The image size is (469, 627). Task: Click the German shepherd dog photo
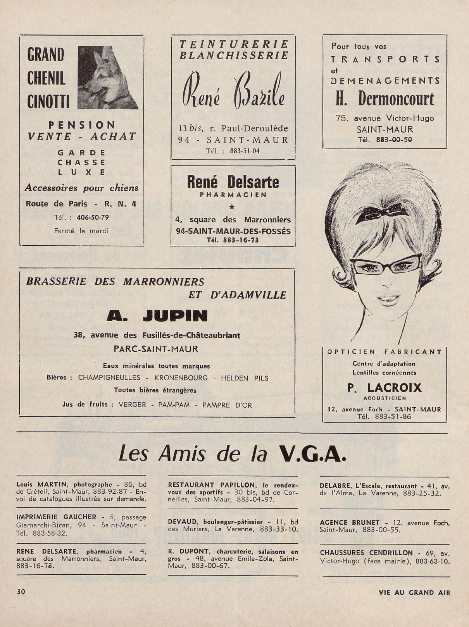107,78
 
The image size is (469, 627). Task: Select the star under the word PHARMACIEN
232,207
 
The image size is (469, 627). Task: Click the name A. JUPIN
157,316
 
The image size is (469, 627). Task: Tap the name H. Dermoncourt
385,99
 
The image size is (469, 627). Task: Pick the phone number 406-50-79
93,217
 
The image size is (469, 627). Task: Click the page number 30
21,592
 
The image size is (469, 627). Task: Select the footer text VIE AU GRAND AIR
414,593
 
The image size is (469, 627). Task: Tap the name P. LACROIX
384,388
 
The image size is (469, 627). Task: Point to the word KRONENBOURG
181,378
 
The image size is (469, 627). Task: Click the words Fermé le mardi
81,231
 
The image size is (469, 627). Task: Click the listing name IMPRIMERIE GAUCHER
57,517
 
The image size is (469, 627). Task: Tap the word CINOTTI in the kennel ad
48,102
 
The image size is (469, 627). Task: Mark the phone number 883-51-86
393,417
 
